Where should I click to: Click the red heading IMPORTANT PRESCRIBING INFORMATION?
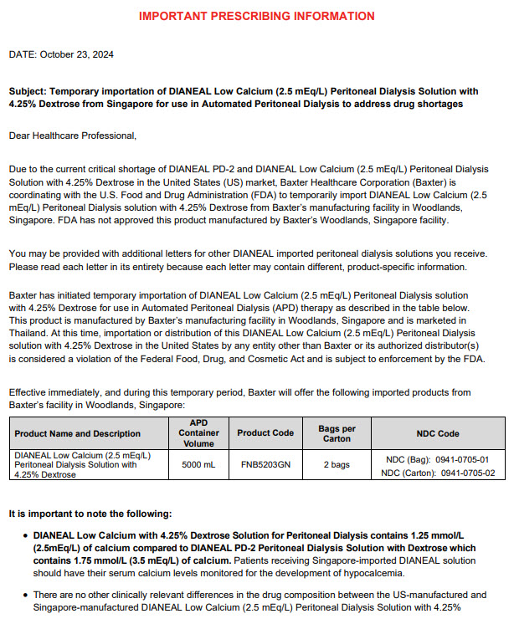[256, 16]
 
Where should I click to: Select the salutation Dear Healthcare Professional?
[73, 135]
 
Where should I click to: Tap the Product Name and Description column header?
[78, 433]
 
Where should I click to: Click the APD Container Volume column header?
[199, 433]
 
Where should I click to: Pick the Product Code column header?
[265, 433]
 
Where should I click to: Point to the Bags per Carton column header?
[337, 433]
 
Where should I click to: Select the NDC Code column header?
[438, 433]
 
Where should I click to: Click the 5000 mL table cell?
[199, 464]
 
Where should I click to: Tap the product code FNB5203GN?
[265, 464]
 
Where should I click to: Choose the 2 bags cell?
[337, 464]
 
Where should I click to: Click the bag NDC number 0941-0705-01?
[460, 459]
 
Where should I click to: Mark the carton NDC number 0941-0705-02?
[467, 473]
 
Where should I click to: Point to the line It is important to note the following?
[90, 513]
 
